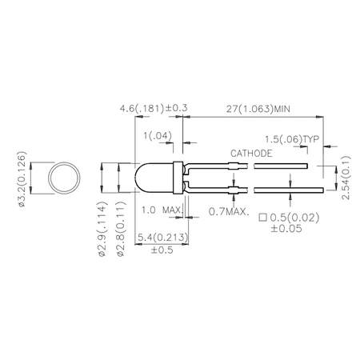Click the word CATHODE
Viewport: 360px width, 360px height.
252,152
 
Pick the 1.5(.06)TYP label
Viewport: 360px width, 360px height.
292,138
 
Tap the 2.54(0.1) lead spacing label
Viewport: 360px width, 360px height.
344,178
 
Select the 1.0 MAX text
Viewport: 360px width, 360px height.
158,210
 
